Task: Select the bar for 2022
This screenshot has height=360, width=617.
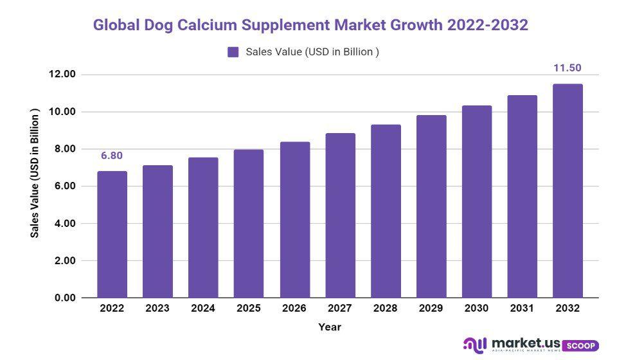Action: click(112, 235)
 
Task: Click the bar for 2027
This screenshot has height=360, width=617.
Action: click(339, 215)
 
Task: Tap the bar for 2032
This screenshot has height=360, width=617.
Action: click(568, 191)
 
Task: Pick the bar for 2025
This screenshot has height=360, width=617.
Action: click(249, 224)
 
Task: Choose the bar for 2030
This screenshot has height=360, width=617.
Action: click(476, 202)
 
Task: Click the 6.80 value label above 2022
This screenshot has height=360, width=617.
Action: click(112, 156)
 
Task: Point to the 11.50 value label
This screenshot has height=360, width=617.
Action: click(568, 68)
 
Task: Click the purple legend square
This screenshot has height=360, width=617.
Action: click(233, 52)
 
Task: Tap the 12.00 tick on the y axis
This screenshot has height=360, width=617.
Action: click(62, 75)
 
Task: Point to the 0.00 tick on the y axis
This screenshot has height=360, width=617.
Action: click(64, 298)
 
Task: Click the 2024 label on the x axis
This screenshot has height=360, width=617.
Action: click(203, 309)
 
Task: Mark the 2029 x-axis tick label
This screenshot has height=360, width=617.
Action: click(431, 309)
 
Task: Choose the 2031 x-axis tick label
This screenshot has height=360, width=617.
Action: click(522, 309)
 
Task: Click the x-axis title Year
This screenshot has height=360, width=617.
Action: click(330, 327)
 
